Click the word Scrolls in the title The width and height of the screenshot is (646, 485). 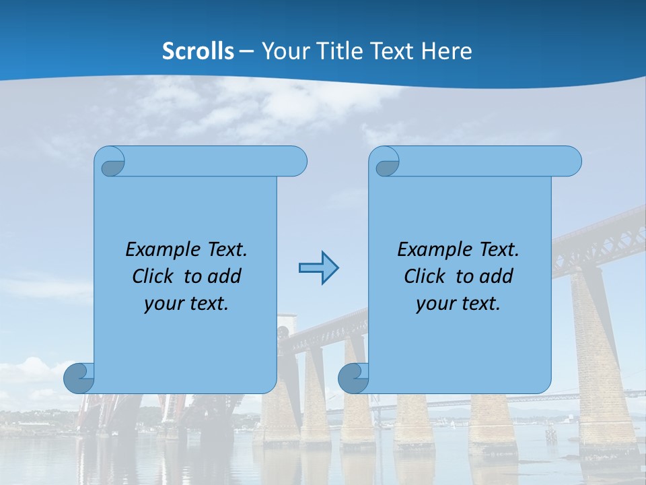(x=199, y=51)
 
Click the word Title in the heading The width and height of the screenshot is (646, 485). (x=337, y=51)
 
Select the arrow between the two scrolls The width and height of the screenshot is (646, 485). (x=318, y=268)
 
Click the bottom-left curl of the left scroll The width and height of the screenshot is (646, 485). (x=79, y=378)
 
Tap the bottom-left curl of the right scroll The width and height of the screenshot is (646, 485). (x=353, y=378)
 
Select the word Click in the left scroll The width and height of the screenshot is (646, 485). (x=152, y=276)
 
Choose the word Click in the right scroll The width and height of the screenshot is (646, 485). (x=424, y=276)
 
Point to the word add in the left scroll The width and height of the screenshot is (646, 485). (x=224, y=276)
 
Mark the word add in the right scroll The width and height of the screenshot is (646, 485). (x=496, y=276)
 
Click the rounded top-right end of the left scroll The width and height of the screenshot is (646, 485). (x=296, y=162)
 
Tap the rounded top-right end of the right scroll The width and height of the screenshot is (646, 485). (x=571, y=162)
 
